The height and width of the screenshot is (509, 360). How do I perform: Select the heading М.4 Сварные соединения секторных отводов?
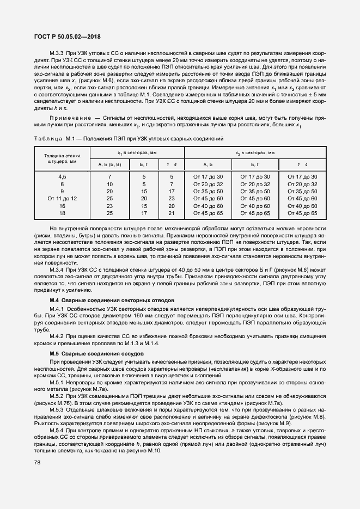point(112,301)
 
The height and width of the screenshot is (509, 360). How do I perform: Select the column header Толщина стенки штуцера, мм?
point(63,158)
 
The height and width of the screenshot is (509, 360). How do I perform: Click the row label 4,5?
point(63,177)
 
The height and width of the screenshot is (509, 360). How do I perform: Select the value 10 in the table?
point(109,185)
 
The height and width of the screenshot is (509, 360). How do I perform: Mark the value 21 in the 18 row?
point(171,213)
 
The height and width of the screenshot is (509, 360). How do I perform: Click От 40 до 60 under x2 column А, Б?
point(208,206)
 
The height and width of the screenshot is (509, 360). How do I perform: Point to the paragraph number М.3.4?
point(57,270)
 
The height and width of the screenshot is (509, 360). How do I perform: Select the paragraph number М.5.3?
point(57,409)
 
